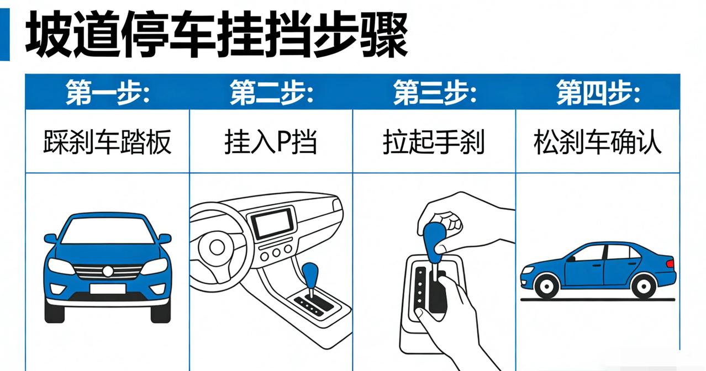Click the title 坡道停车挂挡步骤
(217, 34)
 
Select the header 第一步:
(108, 92)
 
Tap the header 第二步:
(271, 92)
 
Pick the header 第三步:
(435, 92)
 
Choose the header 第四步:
(598, 92)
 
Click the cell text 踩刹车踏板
(108, 142)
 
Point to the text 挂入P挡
(271, 142)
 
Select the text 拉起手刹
(434, 142)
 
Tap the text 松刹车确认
(598, 142)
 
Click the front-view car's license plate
(108, 289)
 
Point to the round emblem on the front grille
(108, 271)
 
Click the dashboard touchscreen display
(272, 224)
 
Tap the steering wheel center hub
(217, 247)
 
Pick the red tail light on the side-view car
(670, 263)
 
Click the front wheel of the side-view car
(547, 285)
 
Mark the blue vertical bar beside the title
(5, 34)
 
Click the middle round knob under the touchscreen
(276, 253)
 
